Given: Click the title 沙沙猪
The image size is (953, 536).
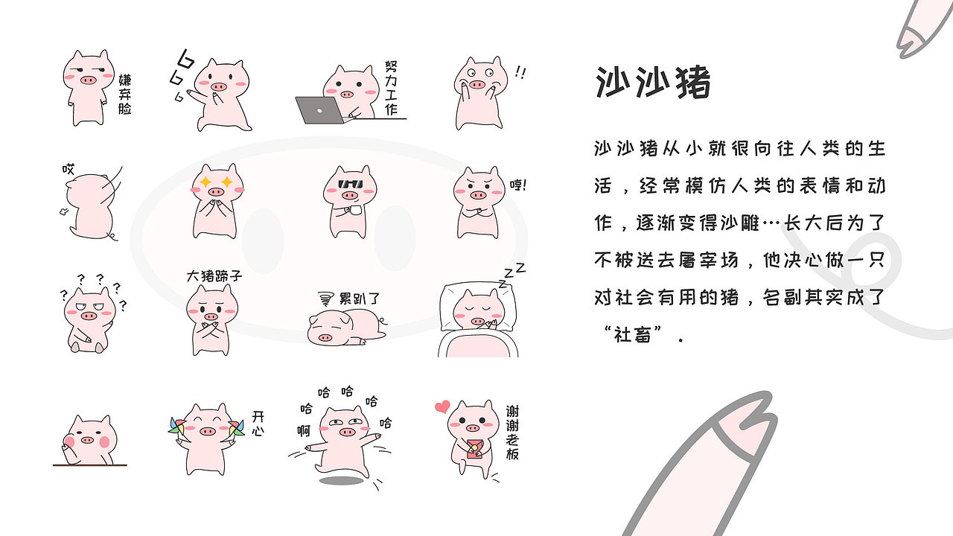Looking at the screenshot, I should pos(653,83).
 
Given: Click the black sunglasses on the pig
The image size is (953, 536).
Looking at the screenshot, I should pos(350,185).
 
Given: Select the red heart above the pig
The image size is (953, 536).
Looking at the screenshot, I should pos(442,406).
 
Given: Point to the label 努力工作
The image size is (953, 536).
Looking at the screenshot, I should pos(392,87).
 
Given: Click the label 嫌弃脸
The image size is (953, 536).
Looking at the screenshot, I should pos(124,93).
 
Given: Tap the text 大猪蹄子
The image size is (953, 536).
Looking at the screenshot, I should pos(214,276).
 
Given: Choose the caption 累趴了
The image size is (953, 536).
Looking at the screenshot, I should pos(360,299).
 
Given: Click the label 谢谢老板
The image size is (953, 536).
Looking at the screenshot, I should pos(513,431).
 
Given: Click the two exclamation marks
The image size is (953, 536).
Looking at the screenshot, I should pos(520,73).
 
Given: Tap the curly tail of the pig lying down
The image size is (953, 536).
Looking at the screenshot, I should pos(383,322).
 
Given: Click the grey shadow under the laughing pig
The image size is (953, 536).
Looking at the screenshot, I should pos(340,480).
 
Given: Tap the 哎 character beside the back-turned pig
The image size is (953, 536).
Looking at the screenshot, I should pos(68,170).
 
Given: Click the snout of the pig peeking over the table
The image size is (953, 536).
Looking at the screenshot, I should pos(87,439).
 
